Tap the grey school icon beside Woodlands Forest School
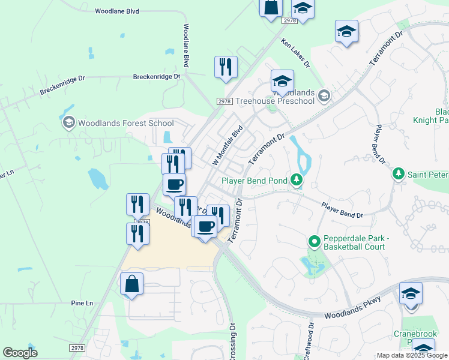(x=68, y=123)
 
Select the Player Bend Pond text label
(x=255, y=180)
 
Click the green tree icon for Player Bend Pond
(x=296, y=179)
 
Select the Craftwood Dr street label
(x=311, y=340)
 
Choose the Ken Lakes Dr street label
(x=295, y=53)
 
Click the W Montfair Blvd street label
(x=228, y=146)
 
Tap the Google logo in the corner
(x=20, y=353)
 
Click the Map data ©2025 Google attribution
(x=412, y=355)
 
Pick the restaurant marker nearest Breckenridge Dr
(x=226, y=67)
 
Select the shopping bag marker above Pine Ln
(x=131, y=284)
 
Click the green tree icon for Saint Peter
(x=397, y=174)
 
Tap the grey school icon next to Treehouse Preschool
(x=324, y=96)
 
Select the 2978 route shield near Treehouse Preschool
(x=224, y=102)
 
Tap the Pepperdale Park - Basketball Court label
(x=357, y=242)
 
